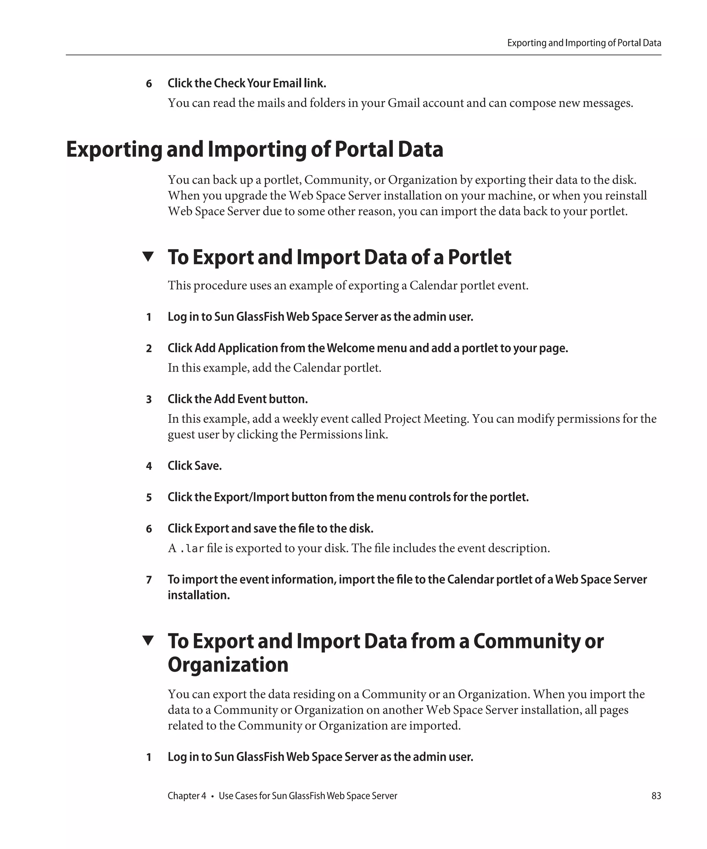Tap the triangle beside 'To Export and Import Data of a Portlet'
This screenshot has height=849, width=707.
click(x=148, y=256)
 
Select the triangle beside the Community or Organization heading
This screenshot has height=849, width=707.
click(x=148, y=640)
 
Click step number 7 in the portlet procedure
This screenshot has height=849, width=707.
click(x=149, y=580)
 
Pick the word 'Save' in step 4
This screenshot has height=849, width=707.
click(x=208, y=466)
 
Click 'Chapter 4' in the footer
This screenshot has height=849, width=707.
click(x=187, y=795)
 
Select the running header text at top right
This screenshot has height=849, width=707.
click(x=584, y=43)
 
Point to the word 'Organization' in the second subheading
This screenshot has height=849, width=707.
click(x=228, y=665)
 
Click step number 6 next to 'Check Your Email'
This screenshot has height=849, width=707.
click(x=149, y=84)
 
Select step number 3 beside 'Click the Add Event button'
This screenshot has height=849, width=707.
click(x=149, y=399)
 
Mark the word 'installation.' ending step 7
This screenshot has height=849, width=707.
click(x=199, y=595)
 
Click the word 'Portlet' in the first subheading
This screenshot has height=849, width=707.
click(x=480, y=257)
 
